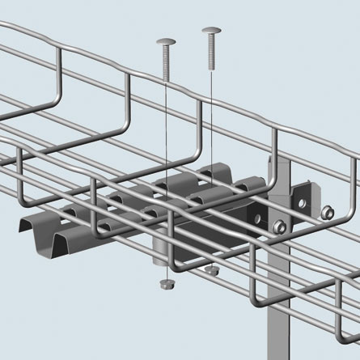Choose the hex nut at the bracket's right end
click(x=327, y=214)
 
